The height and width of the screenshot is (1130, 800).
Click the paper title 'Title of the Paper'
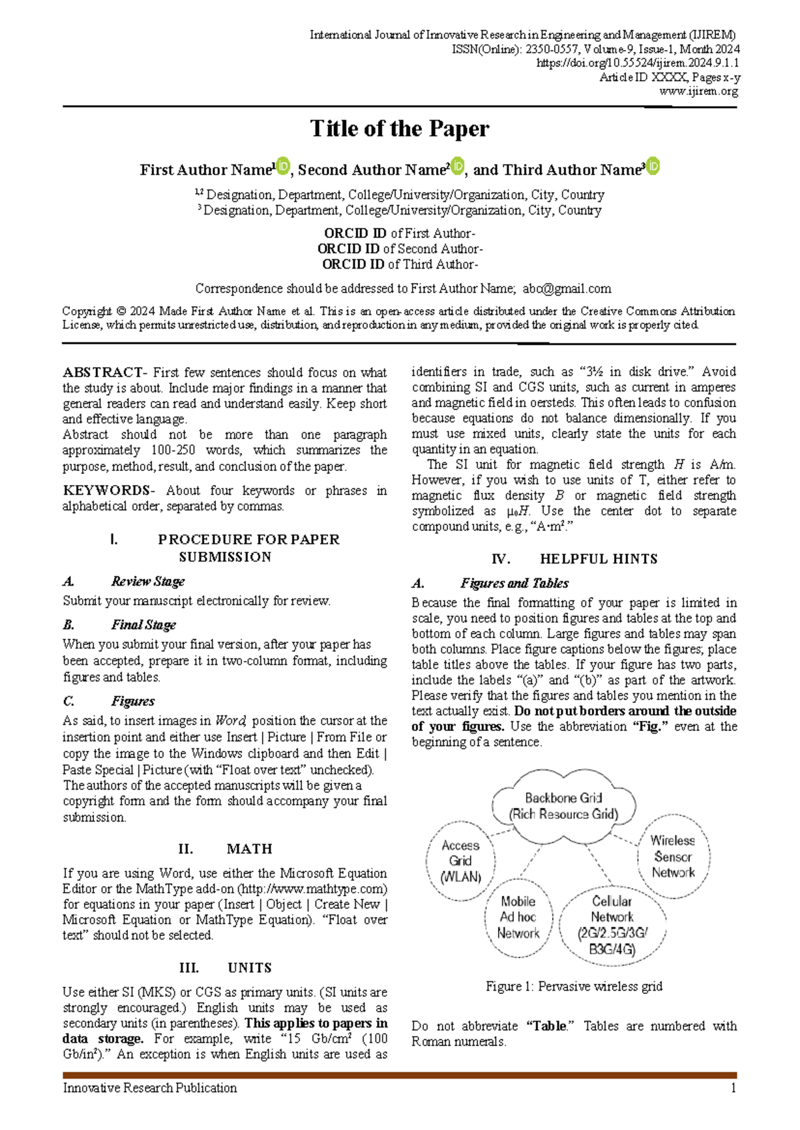[x=399, y=129]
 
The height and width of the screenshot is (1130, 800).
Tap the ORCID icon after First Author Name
[x=283, y=166]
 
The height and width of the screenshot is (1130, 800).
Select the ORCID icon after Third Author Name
[x=653, y=166]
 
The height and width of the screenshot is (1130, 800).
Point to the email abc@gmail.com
[x=567, y=288]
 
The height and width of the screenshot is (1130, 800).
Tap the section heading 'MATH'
[x=249, y=849]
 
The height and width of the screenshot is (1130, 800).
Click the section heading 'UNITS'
[x=249, y=967]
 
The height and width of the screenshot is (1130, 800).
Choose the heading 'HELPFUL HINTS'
[x=599, y=559]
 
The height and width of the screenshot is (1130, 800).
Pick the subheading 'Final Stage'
[x=143, y=625]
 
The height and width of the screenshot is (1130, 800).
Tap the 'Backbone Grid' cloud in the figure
[x=563, y=806]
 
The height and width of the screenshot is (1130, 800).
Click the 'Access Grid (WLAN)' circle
[x=460, y=861]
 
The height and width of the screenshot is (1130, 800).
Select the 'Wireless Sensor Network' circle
[x=673, y=857]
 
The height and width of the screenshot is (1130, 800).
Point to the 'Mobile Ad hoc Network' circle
[x=518, y=917]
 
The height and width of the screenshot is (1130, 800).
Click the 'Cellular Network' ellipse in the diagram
[x=612, y=925]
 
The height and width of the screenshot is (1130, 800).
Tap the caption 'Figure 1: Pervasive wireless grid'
[x=574, y=986]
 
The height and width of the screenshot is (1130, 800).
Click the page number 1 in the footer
[x=733, y=1088]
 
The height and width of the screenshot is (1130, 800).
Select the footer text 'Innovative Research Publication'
[x=150, y=1088]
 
